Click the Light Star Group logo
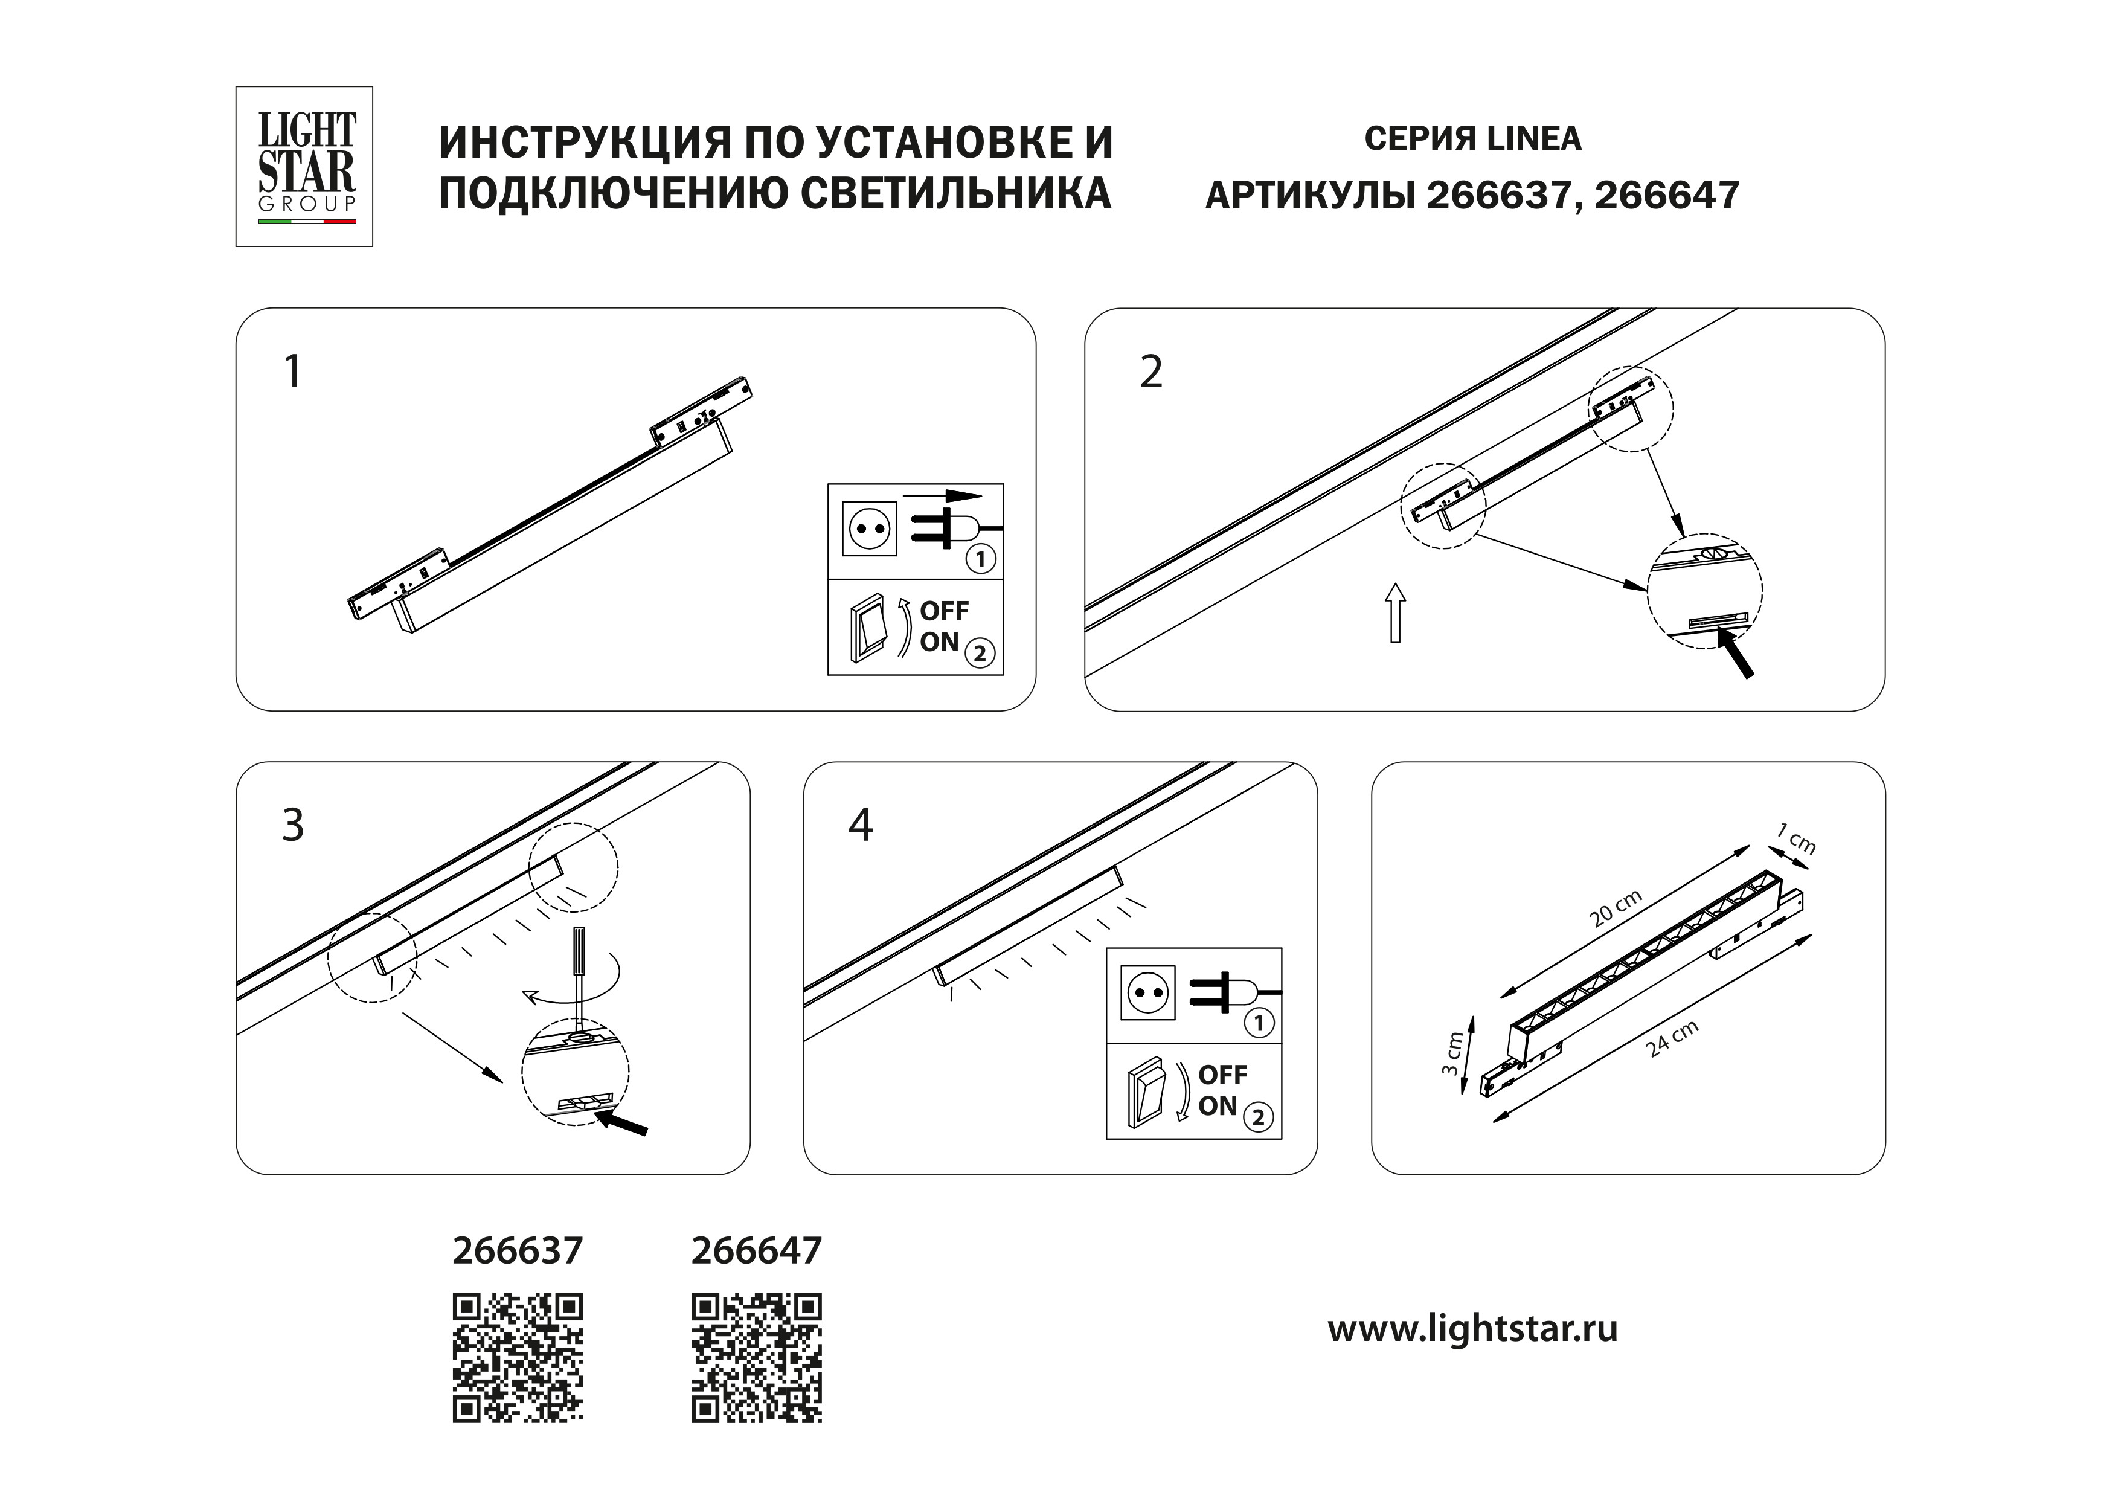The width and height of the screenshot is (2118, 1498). coord(304,166)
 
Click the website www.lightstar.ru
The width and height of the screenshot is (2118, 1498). coord(1472,1329)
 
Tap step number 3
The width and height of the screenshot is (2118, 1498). coord(292,826)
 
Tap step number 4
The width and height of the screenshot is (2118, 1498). coord(860,826)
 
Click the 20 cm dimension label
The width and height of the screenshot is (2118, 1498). coord(1616,908)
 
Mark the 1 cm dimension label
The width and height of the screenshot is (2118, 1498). coord(1797,840)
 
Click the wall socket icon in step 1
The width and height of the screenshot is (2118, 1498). coord(869,529)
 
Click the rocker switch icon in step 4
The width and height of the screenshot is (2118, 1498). coord(1147,1095)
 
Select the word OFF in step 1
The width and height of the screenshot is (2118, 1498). coord(944,611)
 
